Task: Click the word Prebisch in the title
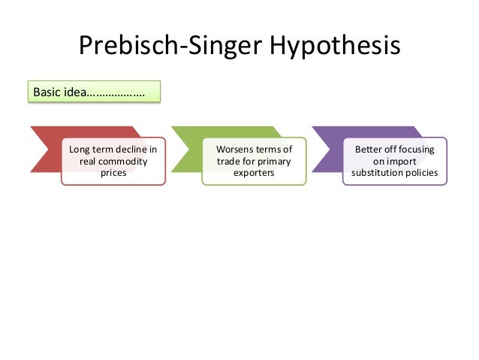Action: click(128, 48)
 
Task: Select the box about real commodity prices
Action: click(113, 161)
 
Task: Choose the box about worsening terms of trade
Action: click(253, 161)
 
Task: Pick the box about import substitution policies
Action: click(394, 161)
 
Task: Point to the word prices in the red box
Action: click(113, 173)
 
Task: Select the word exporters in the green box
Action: click(253, 173)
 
